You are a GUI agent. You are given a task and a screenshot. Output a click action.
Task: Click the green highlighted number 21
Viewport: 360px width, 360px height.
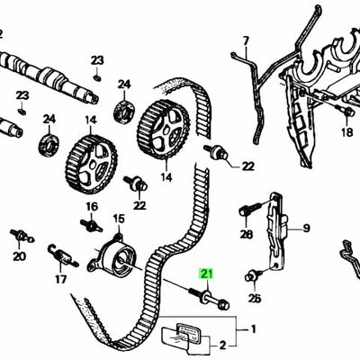point(208,275)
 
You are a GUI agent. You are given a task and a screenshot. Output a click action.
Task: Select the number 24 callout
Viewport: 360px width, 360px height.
point(49,119)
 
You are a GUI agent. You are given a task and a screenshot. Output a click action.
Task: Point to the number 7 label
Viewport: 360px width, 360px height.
point(244,40)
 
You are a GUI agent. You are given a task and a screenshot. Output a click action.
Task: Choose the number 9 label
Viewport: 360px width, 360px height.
point(305,229)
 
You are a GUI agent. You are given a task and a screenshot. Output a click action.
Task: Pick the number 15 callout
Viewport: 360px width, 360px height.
point(119,219)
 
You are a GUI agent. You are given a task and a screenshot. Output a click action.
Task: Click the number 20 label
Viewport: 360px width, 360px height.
point(19,256)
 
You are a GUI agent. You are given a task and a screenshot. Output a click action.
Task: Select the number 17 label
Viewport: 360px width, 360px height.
point(61,279)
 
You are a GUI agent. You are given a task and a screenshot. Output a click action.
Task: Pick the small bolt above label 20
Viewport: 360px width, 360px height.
point(16,237)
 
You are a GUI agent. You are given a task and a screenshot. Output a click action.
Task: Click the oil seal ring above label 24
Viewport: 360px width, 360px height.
point(48,144)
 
